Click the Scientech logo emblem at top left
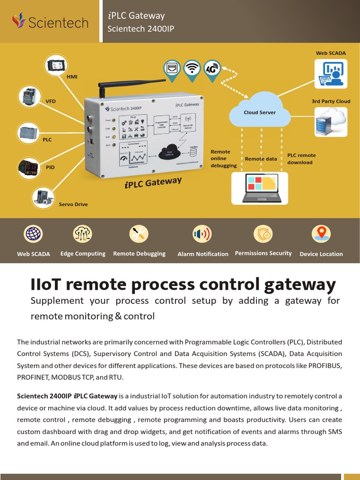pyautogui.click(x=18, y=21)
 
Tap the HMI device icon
pyautogui.click(x=57, y=66)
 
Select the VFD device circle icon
pyautogui.click(x=30, y=97)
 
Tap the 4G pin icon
pyautogui.click(x=212, y=69)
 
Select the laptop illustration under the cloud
pyautogui.click(x=262, y=188)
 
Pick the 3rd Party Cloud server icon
pyautogui.click(x=330, y=122)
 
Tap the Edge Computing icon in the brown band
pyautogui.click(x=82, y=234)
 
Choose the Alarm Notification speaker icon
pyautogui.click(x=202, y=234)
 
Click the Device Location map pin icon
pyautogui.click(x=321, y=233)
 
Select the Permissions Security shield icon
pyautogui.click(x=263, y=234)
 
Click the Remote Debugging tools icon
pyautogui.click(x=139, y=234)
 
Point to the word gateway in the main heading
pyautogui.click(x=298, y=285)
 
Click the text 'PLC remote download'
pyautogui.click(x=301, y=159)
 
